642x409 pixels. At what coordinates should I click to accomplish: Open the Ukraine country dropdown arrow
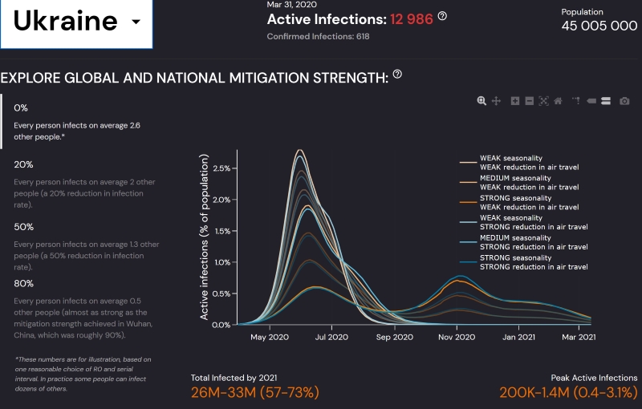[136, 22]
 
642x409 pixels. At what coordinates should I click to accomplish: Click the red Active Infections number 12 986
[412, 18]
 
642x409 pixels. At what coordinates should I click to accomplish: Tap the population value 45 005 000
[599, 26]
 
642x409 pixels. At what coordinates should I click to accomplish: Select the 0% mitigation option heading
[21, 107]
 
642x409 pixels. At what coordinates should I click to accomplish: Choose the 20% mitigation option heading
[23, 164]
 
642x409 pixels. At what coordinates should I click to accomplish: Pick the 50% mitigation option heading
[23, 227]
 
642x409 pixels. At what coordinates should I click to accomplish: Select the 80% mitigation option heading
[23, 283]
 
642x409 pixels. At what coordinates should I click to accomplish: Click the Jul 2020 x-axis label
[327, 338]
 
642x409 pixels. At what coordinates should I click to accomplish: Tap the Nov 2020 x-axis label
[457, 338]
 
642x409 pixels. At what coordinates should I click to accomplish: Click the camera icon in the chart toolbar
[624, 101]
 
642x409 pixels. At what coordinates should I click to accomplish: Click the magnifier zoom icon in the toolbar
[481, 101]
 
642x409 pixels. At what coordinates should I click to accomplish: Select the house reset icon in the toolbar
[558, 101]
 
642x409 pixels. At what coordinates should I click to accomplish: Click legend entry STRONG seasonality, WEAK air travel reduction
[530, 202]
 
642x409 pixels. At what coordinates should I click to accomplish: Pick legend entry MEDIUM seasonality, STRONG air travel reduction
[534, 242]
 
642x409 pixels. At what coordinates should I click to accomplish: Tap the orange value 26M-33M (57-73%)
[255, 392]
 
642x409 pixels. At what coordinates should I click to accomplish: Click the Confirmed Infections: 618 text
[318, 36]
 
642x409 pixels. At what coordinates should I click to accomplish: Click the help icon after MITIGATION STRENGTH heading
[397, 75]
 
